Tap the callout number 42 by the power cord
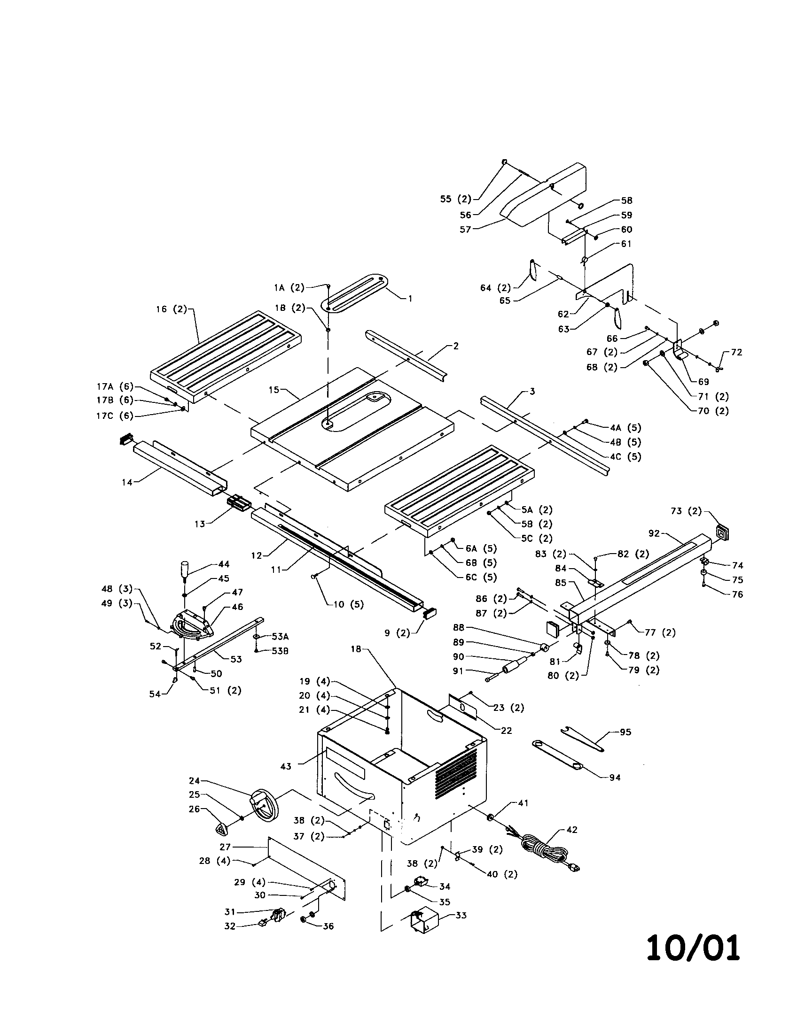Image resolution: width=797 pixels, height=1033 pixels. coord(572,830)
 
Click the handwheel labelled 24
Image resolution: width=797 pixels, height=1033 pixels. coord(263,804)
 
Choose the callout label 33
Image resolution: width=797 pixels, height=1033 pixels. coord(461,915)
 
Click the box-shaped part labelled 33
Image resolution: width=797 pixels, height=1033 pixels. coord(423,921)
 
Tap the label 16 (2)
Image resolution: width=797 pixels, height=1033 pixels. coord(172,309)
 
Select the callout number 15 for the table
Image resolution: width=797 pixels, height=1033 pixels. coord(274,390)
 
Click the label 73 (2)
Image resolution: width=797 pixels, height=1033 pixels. coord(686,511)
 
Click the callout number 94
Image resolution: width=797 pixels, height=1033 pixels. coord(614,777)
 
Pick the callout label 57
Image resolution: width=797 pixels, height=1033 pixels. coord(465,230)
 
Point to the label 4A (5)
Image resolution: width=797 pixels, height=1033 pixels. coord(625,428)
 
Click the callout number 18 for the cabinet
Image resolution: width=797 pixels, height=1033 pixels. coord(356,649)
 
